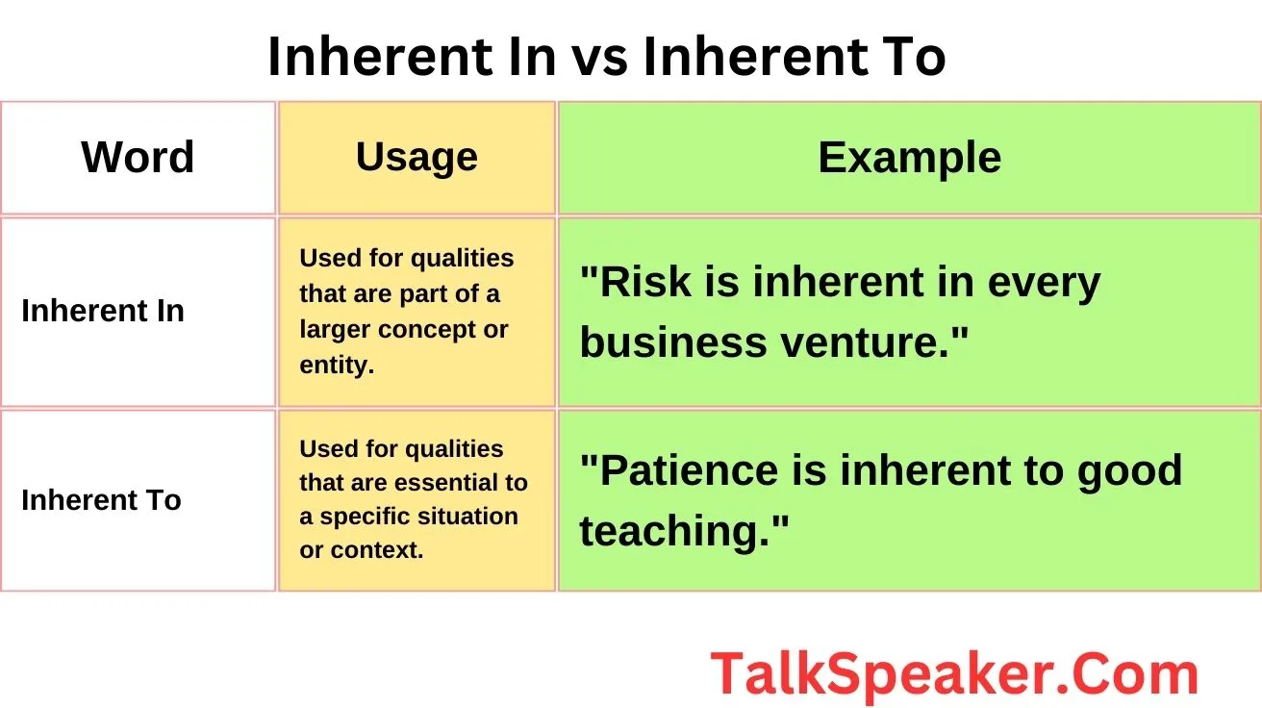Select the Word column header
tap(138, 158)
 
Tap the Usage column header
tap(416, 157)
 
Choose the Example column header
tap(909, 158)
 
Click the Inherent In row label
tap(103, 312)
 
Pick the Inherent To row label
tap(101, 500)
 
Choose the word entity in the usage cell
tap(335, 366)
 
